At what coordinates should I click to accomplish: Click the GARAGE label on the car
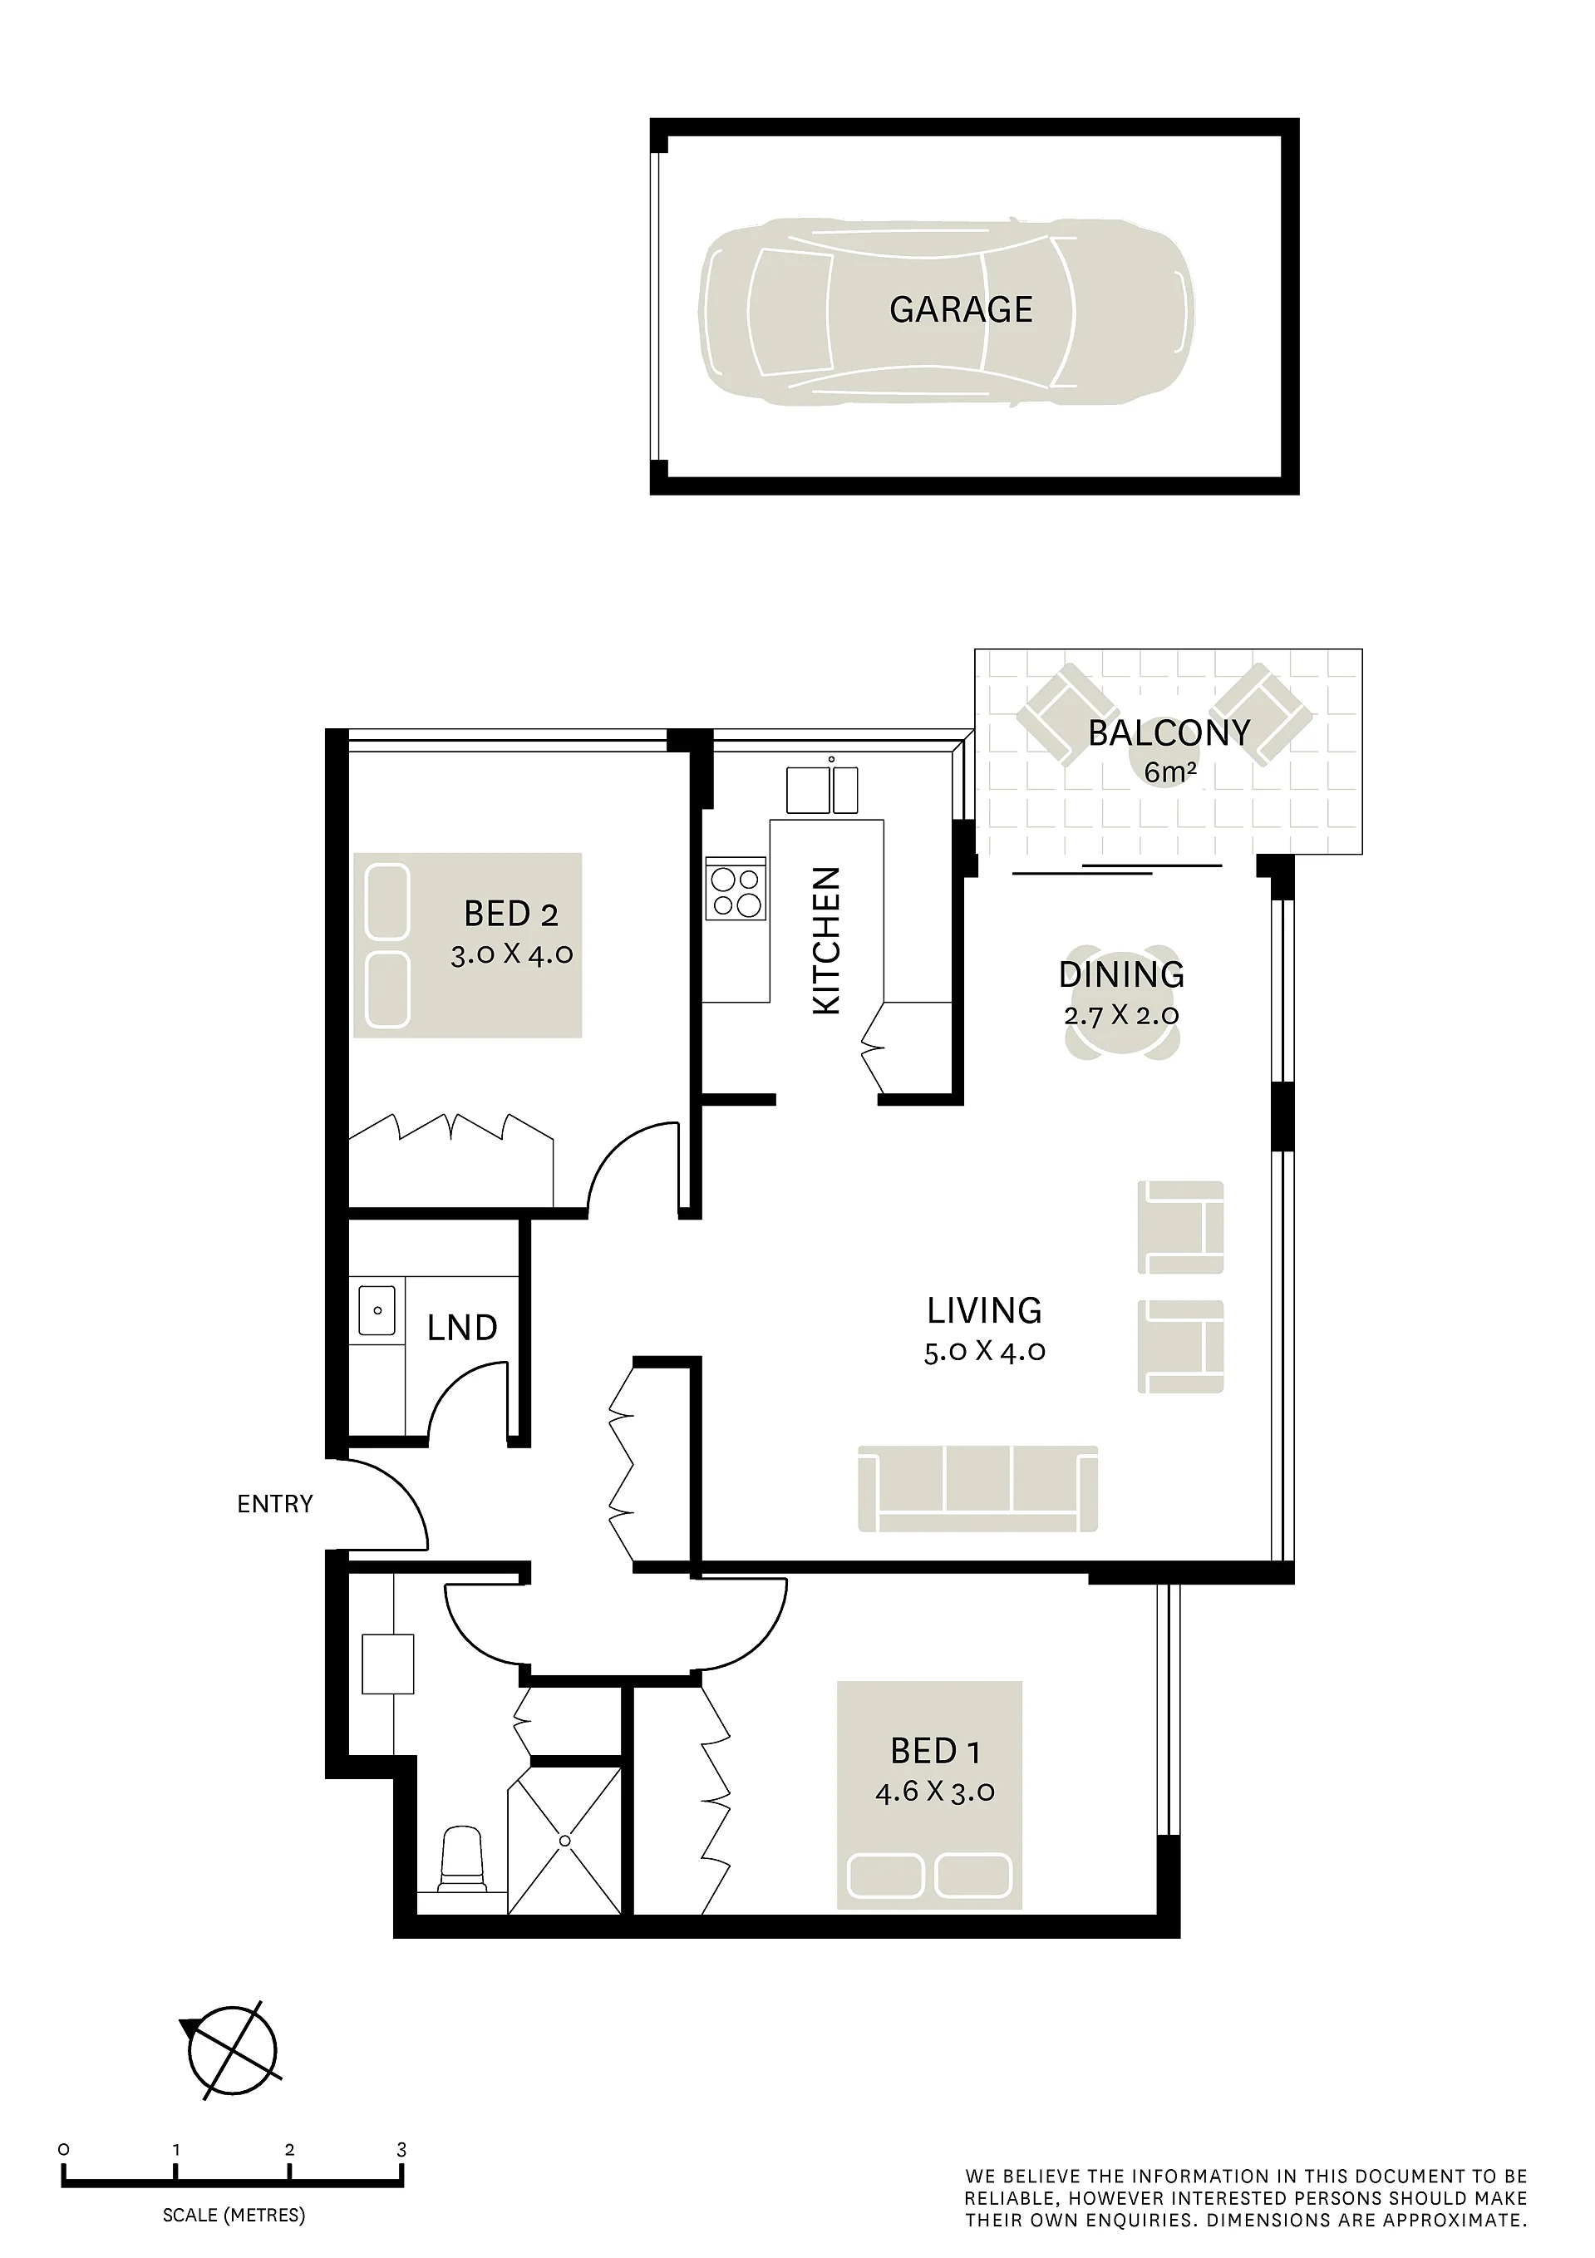tap(961, 310)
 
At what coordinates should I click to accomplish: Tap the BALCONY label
tap(1169, 732)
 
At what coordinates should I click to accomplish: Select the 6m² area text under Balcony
tap(1170, 772)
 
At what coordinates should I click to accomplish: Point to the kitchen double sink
tap(822, 789)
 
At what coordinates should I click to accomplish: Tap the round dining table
tap(1122, 1004)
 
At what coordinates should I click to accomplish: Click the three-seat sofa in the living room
tap(977, 1489)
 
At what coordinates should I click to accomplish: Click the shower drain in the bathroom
tap(564, 1840)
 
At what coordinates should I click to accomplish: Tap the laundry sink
tap(377, 1310)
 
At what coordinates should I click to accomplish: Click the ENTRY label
tap(275, 1504)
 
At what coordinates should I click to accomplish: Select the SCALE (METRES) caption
tap(234, 2216)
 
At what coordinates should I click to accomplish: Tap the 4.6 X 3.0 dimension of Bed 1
tap(935, 1792)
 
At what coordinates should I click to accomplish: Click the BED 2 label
tap(511, 915)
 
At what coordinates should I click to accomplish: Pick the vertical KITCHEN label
tap(826, 940)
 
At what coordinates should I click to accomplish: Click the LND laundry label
tap(462, 1329)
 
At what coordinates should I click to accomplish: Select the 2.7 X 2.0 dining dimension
tap(1122, 1015)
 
